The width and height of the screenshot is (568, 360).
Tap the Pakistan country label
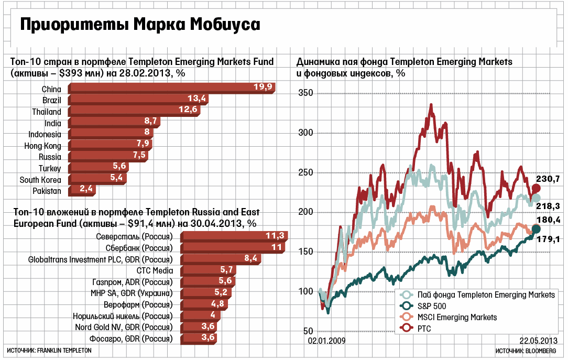click(x=47, y=191)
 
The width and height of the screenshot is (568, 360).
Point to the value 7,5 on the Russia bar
click(x=140, y=157)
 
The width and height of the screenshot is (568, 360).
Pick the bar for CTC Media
click(x=209, y=270)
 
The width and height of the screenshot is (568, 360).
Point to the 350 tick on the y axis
click(x=305, y=93)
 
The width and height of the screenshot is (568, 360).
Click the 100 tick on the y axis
click(x=305, y=291)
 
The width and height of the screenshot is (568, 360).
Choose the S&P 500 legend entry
click(x=432, y=306)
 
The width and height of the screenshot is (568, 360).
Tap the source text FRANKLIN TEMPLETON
click(x=65, y=350)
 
